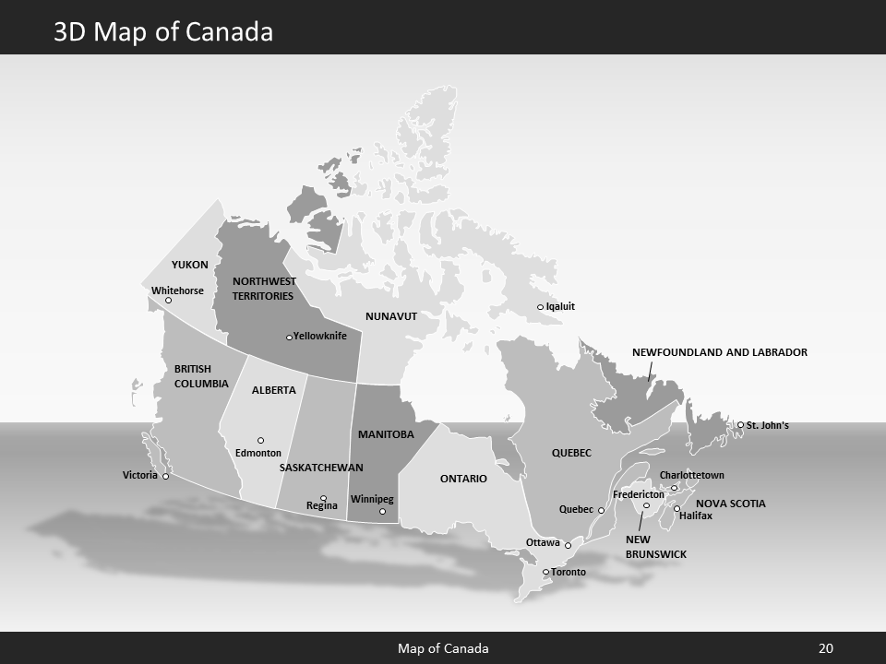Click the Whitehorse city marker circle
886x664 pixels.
pos(168,301)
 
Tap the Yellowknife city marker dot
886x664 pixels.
pos(289,338)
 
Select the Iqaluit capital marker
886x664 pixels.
pos(541,307)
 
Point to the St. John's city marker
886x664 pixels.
pos(740,425)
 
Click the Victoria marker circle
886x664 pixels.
pos(166,477)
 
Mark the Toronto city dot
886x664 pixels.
pos(545,573)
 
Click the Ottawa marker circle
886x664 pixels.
pos(568,545)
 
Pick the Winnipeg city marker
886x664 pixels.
pos(382,512)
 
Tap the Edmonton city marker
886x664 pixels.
pos(260,441)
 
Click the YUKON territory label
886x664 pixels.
pos(190,265)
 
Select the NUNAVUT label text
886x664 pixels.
pos(391,316)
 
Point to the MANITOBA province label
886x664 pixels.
pos(386,433)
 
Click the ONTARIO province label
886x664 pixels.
pos(463,479)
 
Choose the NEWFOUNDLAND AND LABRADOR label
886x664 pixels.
pos(719,352)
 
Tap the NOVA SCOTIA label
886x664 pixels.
pos(730,504)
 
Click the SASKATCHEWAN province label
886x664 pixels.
pos(321,468)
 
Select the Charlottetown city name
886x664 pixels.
pos(691,475)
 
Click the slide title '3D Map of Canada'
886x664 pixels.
pos(163,32)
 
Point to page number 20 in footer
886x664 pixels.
pos(826,648)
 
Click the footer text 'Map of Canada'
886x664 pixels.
pos(443,648)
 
